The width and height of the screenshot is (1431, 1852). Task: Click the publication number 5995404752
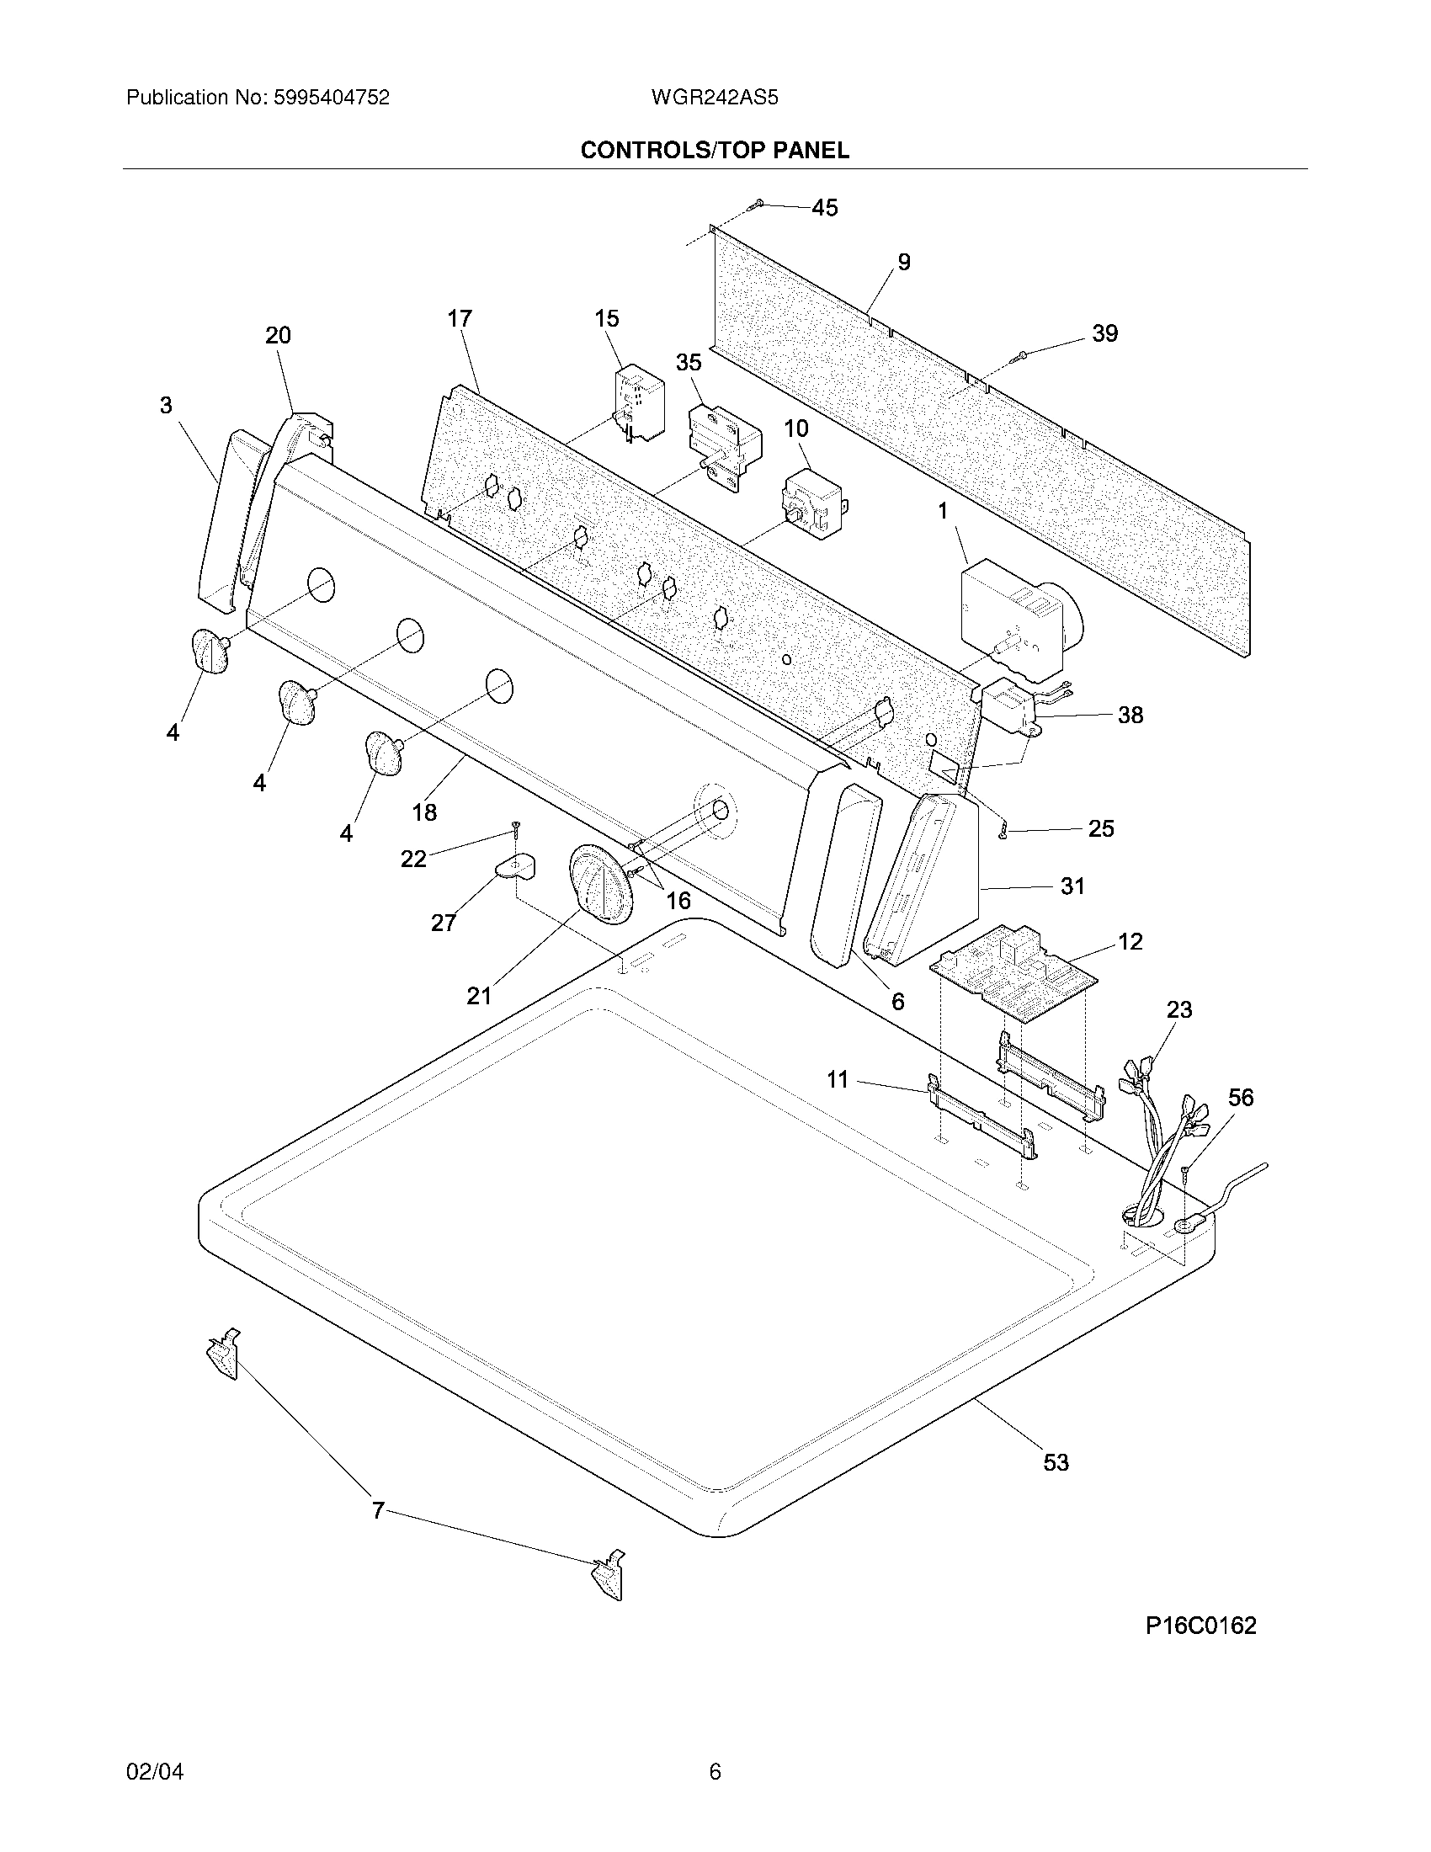331,98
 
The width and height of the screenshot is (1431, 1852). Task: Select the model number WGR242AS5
715,98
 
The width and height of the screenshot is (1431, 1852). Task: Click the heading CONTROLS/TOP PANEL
715,151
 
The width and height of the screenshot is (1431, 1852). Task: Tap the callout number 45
824,208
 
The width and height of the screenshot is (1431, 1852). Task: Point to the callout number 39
1104,333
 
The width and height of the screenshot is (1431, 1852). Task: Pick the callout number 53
1056,1462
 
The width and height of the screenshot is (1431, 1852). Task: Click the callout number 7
378,1510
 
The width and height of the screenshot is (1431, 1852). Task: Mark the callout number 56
1240,1097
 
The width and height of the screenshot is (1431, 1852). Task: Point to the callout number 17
460,319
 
